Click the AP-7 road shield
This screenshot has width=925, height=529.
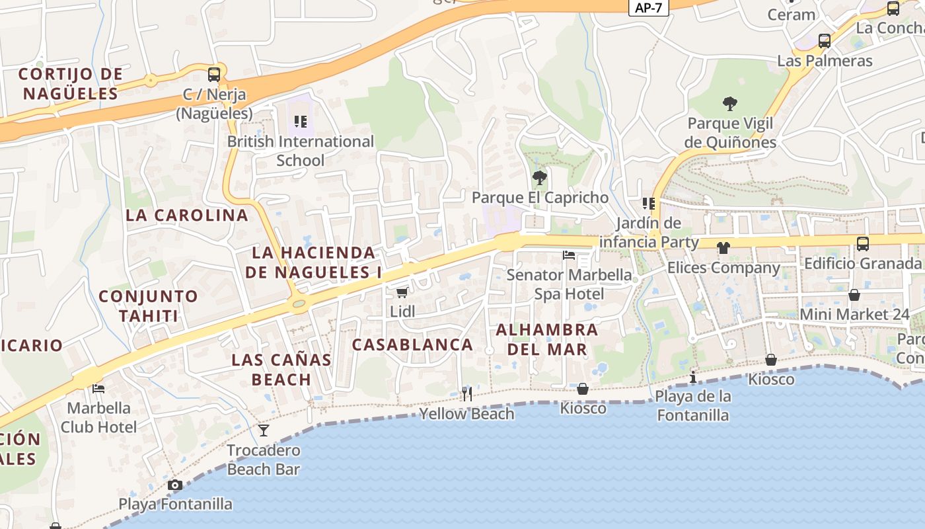(647, 8)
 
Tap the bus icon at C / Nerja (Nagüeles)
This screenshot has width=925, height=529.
(213, 74)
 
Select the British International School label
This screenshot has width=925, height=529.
(301, 151)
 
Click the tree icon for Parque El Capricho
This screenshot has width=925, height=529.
(540, 177)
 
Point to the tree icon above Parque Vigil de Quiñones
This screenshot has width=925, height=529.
(729, 103)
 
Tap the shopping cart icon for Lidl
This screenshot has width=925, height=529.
(402, 292)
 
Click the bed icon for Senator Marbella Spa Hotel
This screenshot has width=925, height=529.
(568, 255)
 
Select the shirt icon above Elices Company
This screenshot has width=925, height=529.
(723, 248)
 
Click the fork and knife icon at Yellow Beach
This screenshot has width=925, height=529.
(467, 394)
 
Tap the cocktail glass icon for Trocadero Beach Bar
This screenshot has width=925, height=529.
(264, 430)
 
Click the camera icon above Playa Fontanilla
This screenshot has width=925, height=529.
(175, 485)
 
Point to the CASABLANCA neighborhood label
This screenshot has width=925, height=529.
(412, 345)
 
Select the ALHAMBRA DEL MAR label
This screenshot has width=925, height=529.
(547, 339)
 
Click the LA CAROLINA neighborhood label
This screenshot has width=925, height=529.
(187, 215)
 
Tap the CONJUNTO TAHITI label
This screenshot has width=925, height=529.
(149, 305)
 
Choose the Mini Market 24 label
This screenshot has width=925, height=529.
(855, 314)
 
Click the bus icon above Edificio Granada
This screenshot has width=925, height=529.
(862, 243)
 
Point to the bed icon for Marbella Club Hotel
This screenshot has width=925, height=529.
(98, 389)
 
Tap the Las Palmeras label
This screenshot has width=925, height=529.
(825, 61)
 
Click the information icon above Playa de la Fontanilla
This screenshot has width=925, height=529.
(692, 377)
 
